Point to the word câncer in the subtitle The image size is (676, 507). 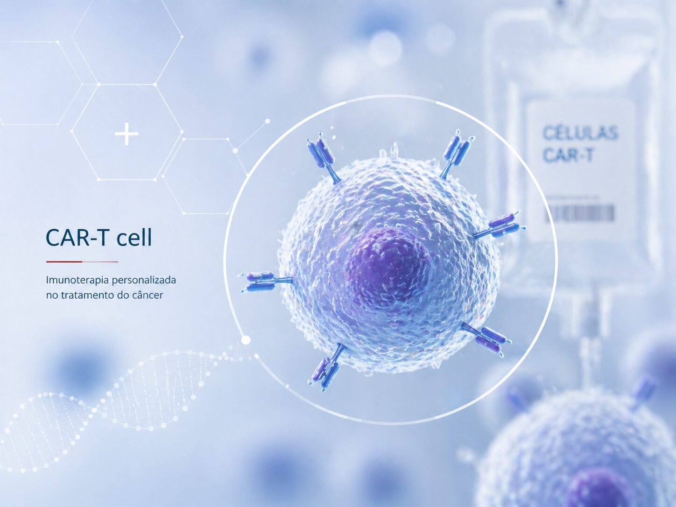click(148, 295)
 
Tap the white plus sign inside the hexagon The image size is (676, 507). click(127, 134)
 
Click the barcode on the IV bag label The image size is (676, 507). click(580, 213)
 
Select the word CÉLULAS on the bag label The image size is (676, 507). click(580, 133)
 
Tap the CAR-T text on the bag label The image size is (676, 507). click(568, 155)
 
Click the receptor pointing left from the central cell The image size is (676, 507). click(264, 281)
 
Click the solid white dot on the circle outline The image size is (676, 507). click(246, 340)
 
